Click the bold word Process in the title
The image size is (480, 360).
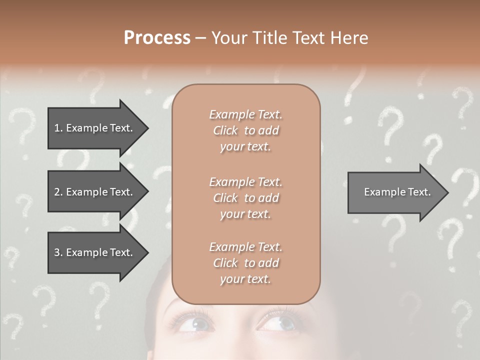tap(157, 37)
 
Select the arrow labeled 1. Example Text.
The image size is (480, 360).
tap(95, 128)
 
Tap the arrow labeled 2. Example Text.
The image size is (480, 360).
tap(95, 192)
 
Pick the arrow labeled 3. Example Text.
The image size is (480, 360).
tap(95, 252)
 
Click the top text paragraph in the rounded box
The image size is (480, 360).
tap(245, 130)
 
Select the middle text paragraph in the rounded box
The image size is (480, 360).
tap(245, 198)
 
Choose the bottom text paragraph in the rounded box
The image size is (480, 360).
tap(245, 263)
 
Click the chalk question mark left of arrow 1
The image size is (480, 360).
tap(22, 125)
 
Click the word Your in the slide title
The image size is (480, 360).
tap(229, 37)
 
